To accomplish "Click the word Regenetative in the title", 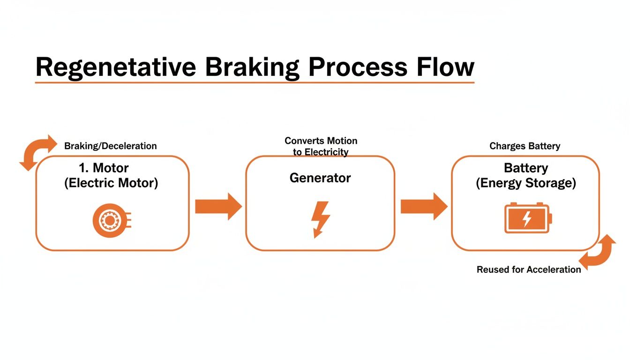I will point(115,67).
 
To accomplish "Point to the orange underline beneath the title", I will point(255,83).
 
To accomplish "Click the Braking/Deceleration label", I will point(110,146).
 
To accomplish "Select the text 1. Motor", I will point(104,168).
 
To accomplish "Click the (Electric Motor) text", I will point(111,183).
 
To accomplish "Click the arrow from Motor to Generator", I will point(218,206).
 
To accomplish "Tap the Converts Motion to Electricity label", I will point(321,146).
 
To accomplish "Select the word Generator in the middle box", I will point(320,178).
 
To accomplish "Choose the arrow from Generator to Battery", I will point(424,206).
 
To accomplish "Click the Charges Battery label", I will point(525,146).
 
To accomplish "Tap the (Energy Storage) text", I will point(525,183).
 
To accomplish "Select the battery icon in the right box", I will point(527,218).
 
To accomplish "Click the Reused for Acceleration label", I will point(529,270).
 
